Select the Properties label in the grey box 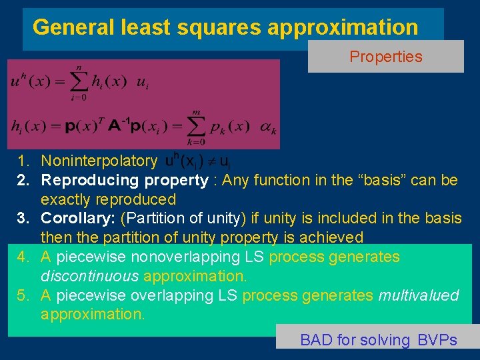tap(386, 57)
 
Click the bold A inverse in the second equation tap(118, 125)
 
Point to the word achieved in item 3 tap(334, 237)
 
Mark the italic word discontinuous tap(90, 276)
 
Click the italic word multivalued tap(419, 295)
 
